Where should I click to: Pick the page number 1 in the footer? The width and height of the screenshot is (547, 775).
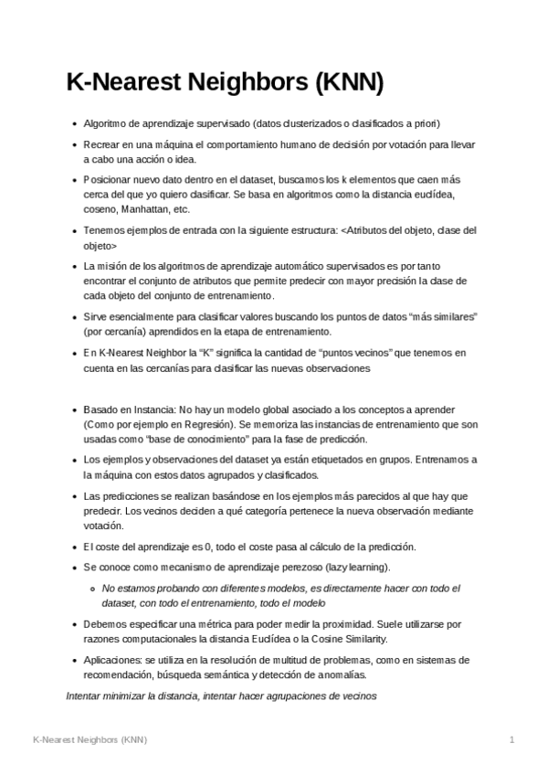[512, 738]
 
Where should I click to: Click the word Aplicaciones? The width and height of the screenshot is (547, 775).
[112, 660]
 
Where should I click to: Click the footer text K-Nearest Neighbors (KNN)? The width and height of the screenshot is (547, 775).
[89, 738]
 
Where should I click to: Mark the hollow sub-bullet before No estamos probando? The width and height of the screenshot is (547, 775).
[92, 589]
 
